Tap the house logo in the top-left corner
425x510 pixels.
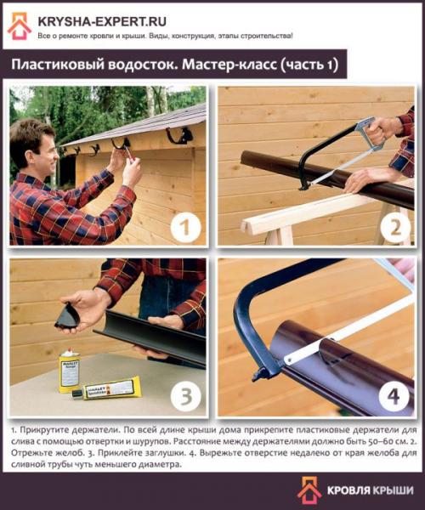tap(20, 26)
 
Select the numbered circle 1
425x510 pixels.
tap(185, 227)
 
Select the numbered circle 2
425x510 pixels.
tap(394, 227)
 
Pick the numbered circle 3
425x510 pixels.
tap(185, 396)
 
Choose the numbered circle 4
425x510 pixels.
tap(394, 396)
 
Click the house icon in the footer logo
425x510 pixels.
tap(309, 490)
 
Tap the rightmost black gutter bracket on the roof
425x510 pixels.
tap(180, 134)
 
